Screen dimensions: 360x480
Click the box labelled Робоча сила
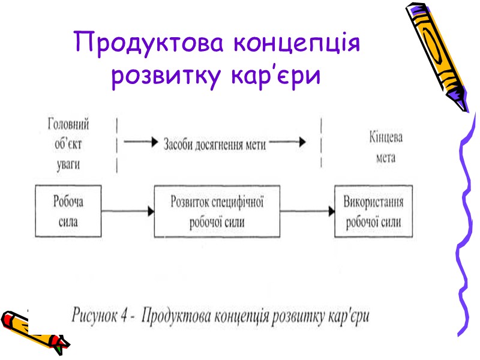pos(68,211)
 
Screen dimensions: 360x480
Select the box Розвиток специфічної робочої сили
pos(217,211)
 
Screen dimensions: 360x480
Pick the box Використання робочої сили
pos(373,211)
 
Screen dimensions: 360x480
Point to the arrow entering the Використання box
pos(307,211)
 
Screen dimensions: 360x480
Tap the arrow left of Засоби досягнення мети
pos(142,143)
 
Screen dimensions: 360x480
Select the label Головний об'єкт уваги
pos(68,143)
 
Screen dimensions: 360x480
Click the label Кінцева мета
pos(386,146)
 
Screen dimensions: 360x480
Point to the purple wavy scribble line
pos(466,234)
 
